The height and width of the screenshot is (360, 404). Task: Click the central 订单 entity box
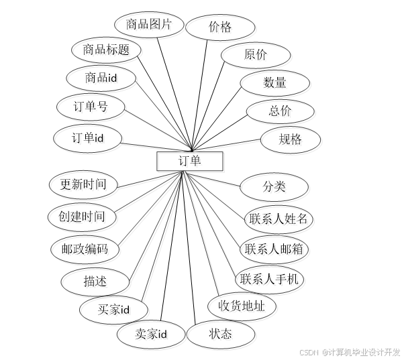(189, 161)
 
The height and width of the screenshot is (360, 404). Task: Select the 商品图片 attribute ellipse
(149, 25)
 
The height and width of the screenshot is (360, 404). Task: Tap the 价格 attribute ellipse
(220, 27)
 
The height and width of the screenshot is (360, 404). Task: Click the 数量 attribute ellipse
(274, 82)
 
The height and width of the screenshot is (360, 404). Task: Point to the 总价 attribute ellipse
(281, 111)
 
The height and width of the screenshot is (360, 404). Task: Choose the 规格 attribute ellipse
(290, 140)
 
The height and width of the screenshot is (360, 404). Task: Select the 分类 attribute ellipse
(274, 186)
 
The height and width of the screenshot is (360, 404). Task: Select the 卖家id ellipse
(150, 333)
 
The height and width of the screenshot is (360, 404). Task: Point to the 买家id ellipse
(113, 309)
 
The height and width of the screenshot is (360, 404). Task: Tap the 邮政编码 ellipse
(85, 249)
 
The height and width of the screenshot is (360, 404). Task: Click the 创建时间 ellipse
(82, 217)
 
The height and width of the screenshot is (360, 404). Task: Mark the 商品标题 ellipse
(105, 50)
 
